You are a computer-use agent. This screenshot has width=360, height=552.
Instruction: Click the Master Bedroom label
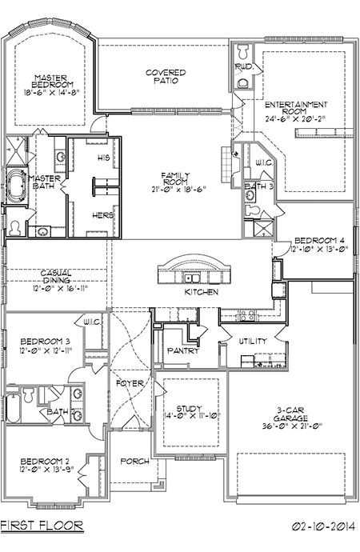click(x=53, y=81)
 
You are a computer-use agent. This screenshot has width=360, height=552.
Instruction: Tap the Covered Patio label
click(x=166, y=76)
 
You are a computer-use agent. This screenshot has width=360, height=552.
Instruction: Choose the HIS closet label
click(x=103, y=158)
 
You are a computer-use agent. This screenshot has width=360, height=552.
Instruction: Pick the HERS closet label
click(x=102, y=215)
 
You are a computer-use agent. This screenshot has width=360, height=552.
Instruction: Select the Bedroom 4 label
click(x=319, y=240)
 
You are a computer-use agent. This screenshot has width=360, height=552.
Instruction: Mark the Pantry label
click(x=182, y=350)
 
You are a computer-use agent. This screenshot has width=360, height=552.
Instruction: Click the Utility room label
click(x=253, y=342)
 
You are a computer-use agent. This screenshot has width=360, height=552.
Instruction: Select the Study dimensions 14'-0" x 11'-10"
click(x=189, y=416)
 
